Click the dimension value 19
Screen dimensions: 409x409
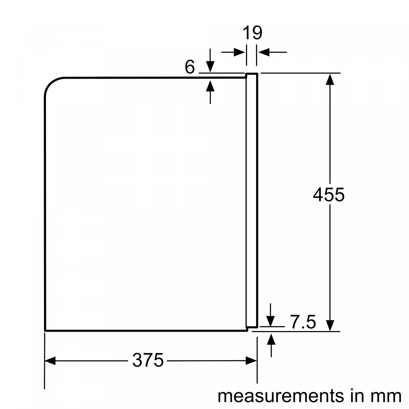252,33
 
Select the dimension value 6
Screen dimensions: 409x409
190,67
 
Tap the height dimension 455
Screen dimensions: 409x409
329,195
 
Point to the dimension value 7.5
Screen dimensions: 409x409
303,322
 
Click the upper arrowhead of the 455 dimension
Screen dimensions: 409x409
330,79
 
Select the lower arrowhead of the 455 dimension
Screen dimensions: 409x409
330,326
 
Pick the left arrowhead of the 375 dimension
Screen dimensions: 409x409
50,361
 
